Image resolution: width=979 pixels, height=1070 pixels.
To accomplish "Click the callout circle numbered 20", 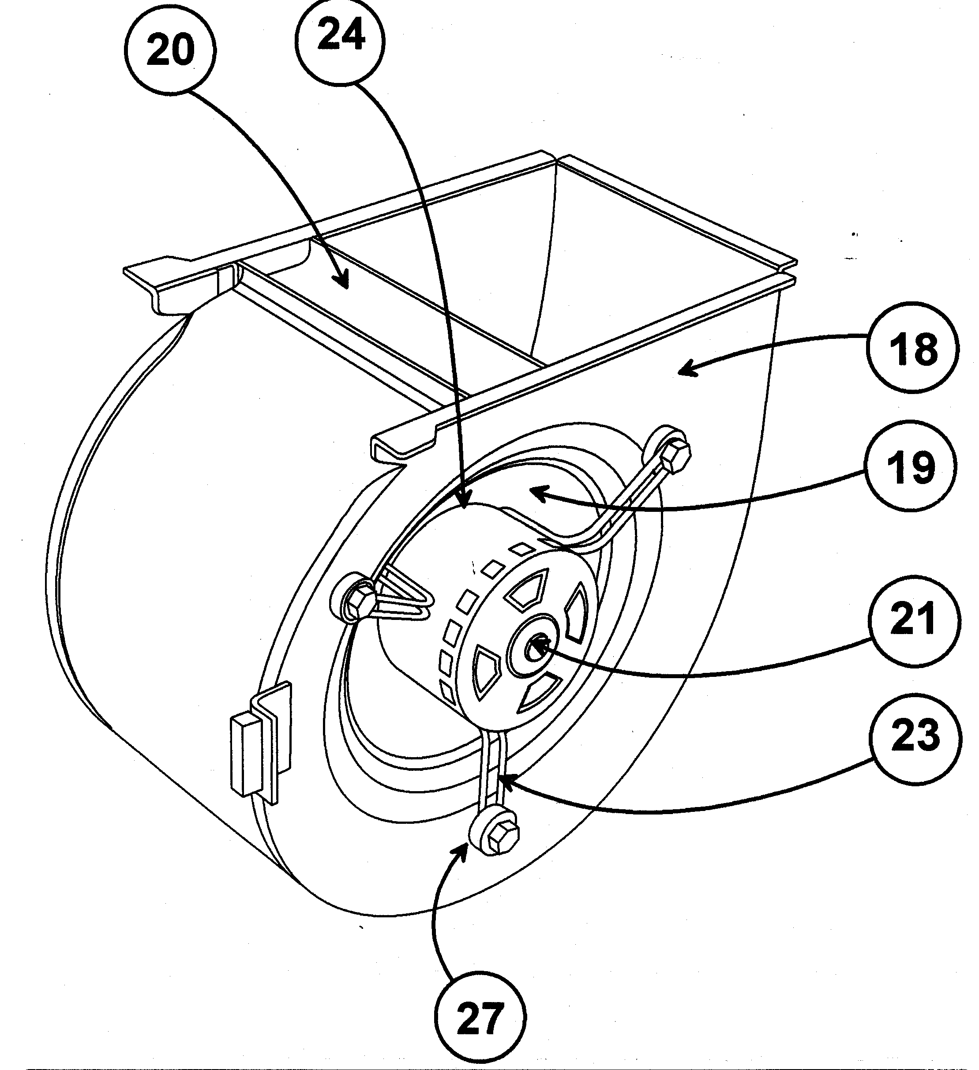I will click(x=170, y=51).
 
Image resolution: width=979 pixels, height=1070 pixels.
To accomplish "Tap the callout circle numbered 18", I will click(x=913, y=348).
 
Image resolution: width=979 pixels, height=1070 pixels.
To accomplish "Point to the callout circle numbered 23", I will click(x=915, y=738).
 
